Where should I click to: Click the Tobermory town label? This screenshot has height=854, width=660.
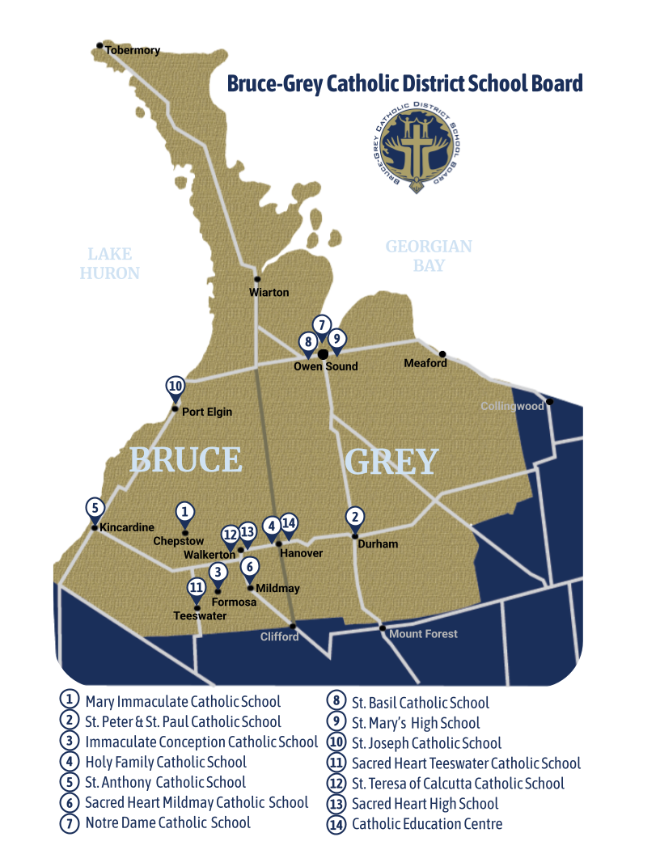coord(133,50)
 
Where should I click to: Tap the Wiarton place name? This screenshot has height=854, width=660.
coord(269,292)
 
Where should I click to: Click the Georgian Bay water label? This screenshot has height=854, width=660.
coord(429,256)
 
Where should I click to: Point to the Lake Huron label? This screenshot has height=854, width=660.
coord(110,264)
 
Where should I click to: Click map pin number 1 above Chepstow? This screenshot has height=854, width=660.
coord(185,513)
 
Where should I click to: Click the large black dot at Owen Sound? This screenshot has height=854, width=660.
coord(323,353)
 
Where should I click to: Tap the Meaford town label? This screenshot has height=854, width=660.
coord(425,363)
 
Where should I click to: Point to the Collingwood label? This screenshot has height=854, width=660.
coord(512,406)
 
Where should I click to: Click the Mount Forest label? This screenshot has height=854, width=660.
coord(423,634)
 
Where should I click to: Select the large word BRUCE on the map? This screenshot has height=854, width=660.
coord(186,459)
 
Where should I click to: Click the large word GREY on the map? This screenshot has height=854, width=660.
coord(391,462)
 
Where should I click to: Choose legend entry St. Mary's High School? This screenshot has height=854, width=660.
coord(416,723)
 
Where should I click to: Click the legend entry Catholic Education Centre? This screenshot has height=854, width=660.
coord(427,824)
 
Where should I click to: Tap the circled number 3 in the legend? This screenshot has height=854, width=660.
coord(70,742)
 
